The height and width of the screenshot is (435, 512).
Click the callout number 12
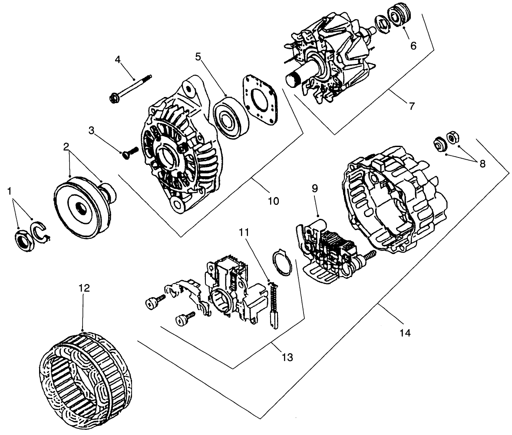(85, 288)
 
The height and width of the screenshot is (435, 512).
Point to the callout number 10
(273, 201)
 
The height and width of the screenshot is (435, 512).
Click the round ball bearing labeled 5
(231, 118)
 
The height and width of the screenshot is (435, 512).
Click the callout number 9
(315, 188)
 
